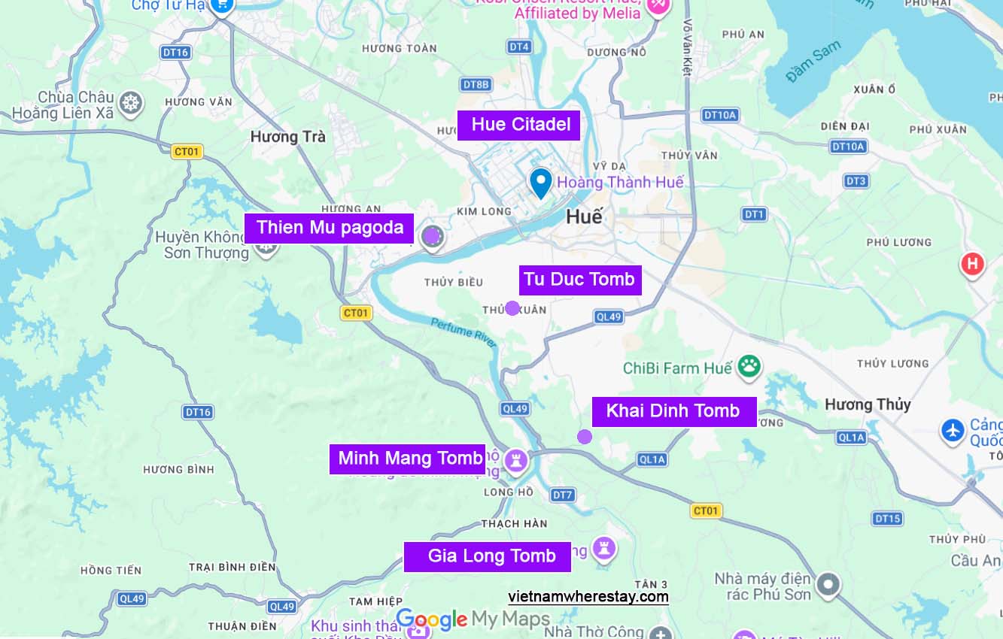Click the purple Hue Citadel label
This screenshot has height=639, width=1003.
pos(518,125)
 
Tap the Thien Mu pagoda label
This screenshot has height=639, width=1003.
pos(329,228)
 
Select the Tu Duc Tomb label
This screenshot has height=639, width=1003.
pos(579,280)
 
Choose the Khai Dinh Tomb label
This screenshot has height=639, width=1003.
pos(673,411)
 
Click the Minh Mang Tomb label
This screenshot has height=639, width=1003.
pos(409,459)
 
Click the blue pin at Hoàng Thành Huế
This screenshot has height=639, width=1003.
pos(540,183)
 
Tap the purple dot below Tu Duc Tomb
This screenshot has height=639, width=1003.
pos(512,308)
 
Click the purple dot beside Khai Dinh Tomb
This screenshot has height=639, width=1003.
pos(585,437)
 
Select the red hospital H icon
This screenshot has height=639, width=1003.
pos(972,264)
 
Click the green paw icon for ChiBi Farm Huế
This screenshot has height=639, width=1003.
pos(749,368)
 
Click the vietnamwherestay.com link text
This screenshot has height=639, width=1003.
pos(588,597)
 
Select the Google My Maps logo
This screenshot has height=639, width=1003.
pos(473,619)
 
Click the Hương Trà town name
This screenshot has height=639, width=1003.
pos(288,137)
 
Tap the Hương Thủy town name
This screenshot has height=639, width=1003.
pos(868,404)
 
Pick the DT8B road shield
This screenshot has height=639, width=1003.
pos(476,85)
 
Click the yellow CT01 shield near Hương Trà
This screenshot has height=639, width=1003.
pos(187,152)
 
